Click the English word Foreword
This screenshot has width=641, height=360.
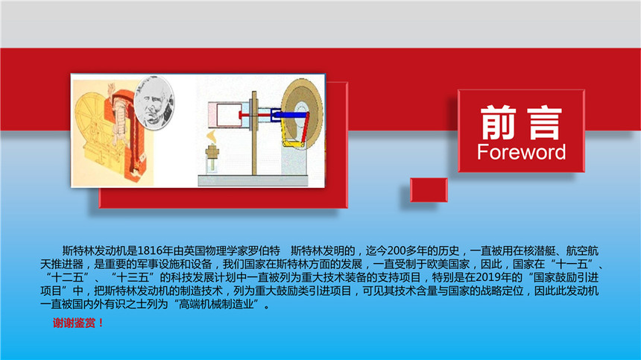click(x=521, y=152)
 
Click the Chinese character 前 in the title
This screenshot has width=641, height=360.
click(x=497, y=122)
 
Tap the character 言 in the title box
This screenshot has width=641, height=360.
click(x=545, y=122)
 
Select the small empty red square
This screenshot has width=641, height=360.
click(x=429, y=189)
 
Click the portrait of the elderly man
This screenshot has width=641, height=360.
click(x=154, y=102)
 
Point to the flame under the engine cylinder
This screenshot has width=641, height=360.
click(x=212, y=136)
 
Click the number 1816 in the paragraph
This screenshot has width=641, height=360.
click(x=150, y=250)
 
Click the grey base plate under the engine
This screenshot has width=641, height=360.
click(x=253, y=180)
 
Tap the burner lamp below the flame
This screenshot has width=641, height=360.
click(x=212, y=159)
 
